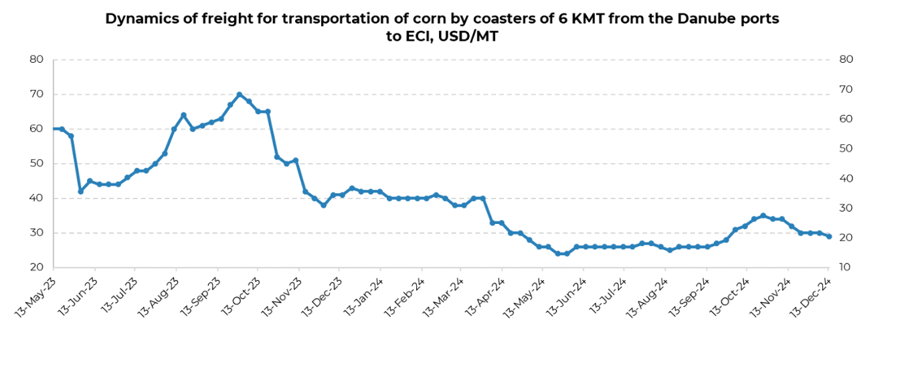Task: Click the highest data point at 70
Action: pos(240,94)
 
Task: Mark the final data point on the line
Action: pos(829,236)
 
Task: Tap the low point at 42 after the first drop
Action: pos(80,191)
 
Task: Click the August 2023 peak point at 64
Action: pos(183,115)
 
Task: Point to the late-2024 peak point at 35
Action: pos(763,216)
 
